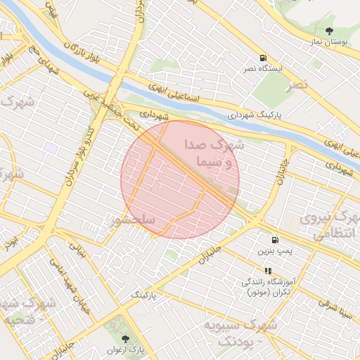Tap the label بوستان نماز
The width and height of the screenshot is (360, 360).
328,44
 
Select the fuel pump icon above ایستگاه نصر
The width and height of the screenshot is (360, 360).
263,58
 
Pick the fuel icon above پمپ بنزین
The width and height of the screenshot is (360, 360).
273,239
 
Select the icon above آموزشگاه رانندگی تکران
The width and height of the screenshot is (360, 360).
267,270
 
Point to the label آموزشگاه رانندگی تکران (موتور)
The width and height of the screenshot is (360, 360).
270,287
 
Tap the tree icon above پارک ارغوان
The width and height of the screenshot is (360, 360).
126,339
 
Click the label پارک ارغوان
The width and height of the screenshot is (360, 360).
125,350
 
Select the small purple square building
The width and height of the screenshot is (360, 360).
50,148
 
